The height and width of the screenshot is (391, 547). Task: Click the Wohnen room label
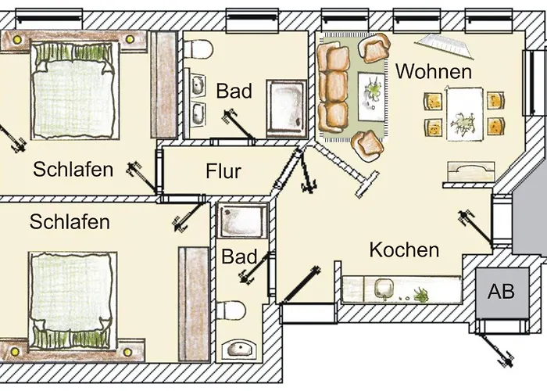tap(434, 71)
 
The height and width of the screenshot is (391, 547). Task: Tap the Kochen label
tap(404, 250)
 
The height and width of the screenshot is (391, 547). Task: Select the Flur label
tap(223, 171)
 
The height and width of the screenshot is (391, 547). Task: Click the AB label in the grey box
tap(501, 291)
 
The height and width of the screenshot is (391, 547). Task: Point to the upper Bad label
tap(234, 91)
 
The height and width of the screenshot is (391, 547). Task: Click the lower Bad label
tap(239, 256)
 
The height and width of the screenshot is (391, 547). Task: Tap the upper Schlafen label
tap(73, 170)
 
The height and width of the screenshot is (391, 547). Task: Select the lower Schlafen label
tap(70, 221)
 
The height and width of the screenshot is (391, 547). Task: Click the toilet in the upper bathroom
tap(198, 49)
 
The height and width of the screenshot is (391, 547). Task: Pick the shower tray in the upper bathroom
tap(287, 107)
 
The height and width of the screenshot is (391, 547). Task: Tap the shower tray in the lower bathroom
tap(242, 221)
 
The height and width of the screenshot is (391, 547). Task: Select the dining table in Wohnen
tap(465, 114)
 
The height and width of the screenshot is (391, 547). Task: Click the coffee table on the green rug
tap(371, 96)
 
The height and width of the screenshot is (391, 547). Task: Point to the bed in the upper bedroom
tap(75, 91)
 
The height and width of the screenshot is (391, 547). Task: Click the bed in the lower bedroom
tap(72, 300)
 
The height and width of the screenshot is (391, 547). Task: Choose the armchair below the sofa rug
tap(368, 145)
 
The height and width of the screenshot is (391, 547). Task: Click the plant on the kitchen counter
tap(421, 295)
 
